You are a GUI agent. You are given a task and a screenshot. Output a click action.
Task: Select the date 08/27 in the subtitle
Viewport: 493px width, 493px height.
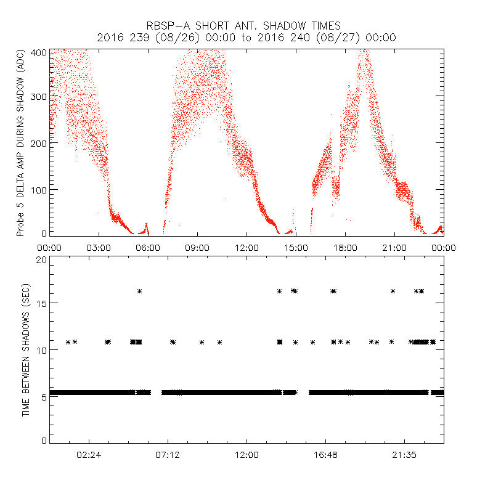point(316,38)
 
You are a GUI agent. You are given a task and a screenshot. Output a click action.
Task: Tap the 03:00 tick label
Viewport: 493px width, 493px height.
point(99,247)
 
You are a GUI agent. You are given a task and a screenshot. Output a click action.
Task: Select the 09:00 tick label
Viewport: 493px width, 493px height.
point(197,247)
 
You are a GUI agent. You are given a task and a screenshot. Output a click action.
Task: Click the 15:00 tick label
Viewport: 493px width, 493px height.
point(296,247)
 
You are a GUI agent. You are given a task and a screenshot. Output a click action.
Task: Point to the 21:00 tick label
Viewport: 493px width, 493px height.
point(394,247)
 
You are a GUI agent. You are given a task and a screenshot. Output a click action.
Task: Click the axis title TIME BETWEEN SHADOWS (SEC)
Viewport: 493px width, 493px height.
point(26,350)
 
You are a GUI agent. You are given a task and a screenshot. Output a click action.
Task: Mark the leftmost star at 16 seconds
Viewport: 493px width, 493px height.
point(140,291)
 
